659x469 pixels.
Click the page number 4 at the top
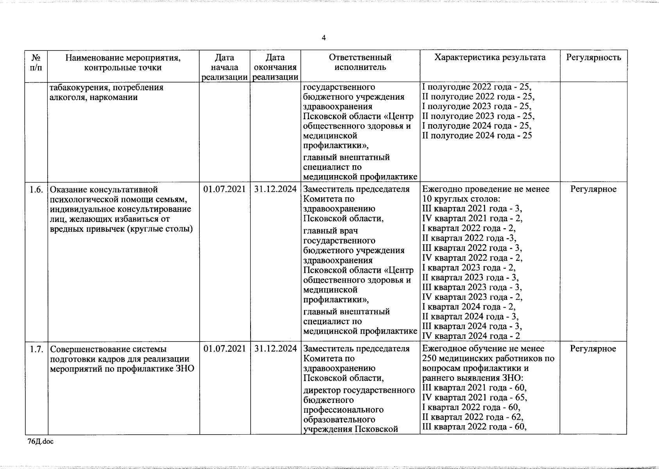point(323,38)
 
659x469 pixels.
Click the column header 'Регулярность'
point(593,58)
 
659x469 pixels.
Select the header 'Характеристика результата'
point(490,57)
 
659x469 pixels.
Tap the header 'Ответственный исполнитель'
point(360,63)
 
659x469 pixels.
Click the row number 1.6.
point(36,190)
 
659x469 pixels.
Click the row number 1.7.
point(36,349)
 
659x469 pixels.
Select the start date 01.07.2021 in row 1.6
point(225,190)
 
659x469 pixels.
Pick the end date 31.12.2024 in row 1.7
point(275,349)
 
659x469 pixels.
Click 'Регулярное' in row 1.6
point(593,190)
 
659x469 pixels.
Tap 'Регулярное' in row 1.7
point(593,349)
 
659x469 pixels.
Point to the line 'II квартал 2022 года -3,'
point(469,238)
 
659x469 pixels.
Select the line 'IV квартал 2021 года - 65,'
point(475,398)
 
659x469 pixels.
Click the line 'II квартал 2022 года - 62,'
point(473,417)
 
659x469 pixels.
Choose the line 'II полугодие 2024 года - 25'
point(477,136)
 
